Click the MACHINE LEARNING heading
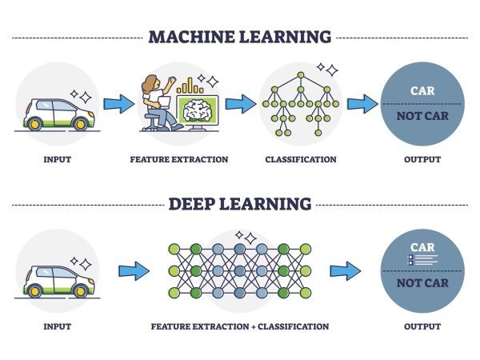pyautogui.click(x=239, y=37)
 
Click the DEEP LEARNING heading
pyautogui.click(x=239, y=204)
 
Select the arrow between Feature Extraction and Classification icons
pyautogui.click(x=239, y=104)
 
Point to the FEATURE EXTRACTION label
pyautogui.click(x=178, y=159)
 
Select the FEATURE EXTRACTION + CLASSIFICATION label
pyautogui.click(x=239, y=326)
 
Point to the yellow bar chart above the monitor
pyautogui.click(x=191, y=84)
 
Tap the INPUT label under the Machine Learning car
pyautogui.click(x=57, y=159)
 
